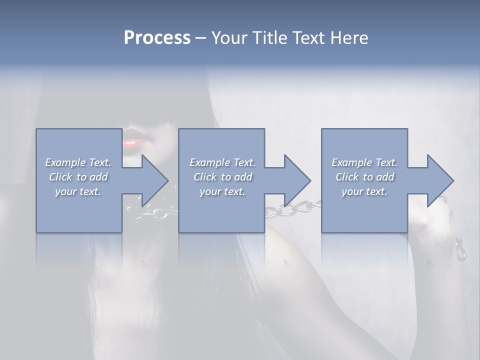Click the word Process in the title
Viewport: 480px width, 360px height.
tap(157, 38)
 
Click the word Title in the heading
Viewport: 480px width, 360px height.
tap(268, 38)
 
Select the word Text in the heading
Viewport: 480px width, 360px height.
tap(308, 38)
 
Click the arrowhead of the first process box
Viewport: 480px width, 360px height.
tap(153, 180)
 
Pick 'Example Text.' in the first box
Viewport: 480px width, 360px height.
tap(78, 162)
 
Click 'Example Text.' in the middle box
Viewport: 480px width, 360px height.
tap(222, 162)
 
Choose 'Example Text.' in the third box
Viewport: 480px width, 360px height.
tap(364, 162)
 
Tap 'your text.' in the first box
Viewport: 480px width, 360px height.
tap(78, 191)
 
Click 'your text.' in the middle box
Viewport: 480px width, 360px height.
tap(222, 191)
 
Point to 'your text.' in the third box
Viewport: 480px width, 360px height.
tap(364, 191)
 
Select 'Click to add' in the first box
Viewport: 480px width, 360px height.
tap(78, 177)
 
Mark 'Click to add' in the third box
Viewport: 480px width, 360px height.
tap(364, 177)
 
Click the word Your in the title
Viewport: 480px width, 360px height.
tap(229, 38)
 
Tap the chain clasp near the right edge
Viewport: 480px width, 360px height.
tap(460, 250)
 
